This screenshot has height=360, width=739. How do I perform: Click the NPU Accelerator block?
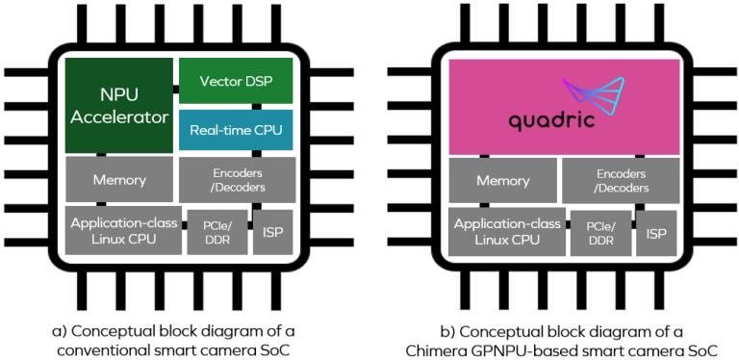click(119, 105)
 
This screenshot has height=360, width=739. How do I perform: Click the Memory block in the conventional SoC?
click(119, 180)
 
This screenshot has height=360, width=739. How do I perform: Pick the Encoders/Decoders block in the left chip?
click(236, 180)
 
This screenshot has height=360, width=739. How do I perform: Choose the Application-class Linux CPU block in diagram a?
click(122, 230)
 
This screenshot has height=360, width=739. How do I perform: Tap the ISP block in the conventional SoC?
click(272, 232)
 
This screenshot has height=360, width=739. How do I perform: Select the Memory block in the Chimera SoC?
click(502, 180)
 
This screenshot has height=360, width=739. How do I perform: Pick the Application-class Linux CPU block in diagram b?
click(506, 230)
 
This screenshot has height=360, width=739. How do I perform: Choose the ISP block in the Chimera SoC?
click(656, 232)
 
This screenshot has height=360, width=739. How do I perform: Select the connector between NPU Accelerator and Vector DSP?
click(176, 90)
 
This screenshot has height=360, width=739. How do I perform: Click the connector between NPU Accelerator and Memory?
click(101, 154)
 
